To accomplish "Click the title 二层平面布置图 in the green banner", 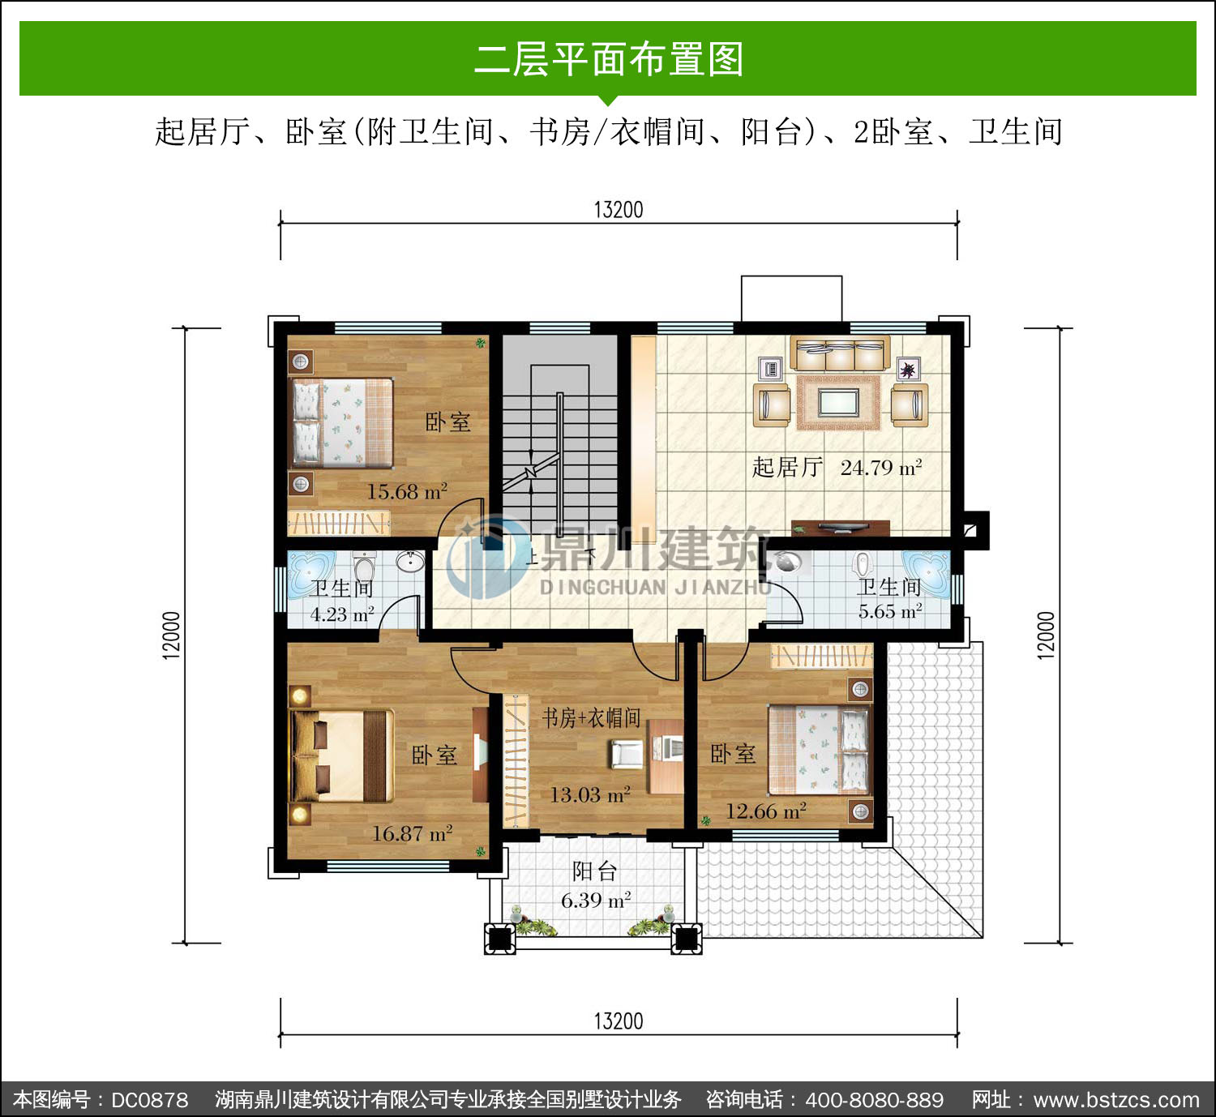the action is pyautogui.click(x=608, y=59).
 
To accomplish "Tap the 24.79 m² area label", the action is pyautogui.click(x=880, y=468).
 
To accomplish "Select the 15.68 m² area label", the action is pyautogui.click(x=407, y=491).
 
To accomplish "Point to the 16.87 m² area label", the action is pyautogui.click(x=412, y=833).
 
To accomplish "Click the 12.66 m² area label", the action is pyautogui.click(x=766, y=811).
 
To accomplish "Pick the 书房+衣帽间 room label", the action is pyautogui.click(x=591, y=718).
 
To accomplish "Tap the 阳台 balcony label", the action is pyautogui.click(x=595, y=871).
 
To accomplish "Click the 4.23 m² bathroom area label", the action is pyautogui.click(x=342, y=614).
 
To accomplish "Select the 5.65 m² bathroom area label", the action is pyautogui.click(x=890, y=610).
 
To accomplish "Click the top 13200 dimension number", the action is pyautogui.click(x=619, y=210).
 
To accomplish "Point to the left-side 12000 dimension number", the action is pyautogui.click(x=172, y=635).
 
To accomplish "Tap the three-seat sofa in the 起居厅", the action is pyautogui.click(x=840, y=353).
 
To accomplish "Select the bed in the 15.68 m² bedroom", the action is pyautogui.click(x=342, y=422).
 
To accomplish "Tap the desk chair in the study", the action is pyautogui.click(x=626, y=754).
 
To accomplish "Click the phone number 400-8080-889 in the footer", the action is pyautogui.click(x=874, y=1099).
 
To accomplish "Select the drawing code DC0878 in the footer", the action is pyautogui.click(x=150, y=1099).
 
